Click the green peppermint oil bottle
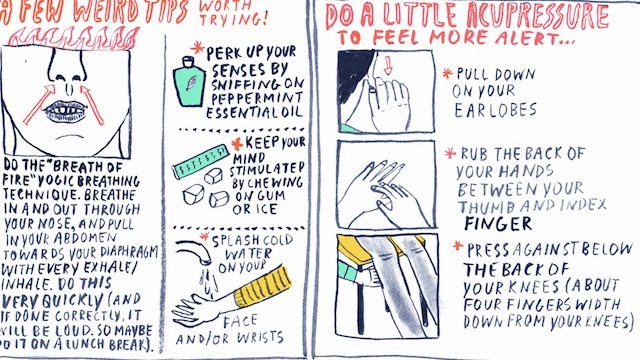point(189,83)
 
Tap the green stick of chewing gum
point(200,162)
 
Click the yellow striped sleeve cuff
point(263,287)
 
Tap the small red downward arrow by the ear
point(388,65)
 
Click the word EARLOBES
point(495,110)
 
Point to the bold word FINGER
point(498,224)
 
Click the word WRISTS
point(260,338)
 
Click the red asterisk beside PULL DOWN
point(448,73)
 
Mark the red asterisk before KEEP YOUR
point(237,144)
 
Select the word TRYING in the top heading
point(233,18)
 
